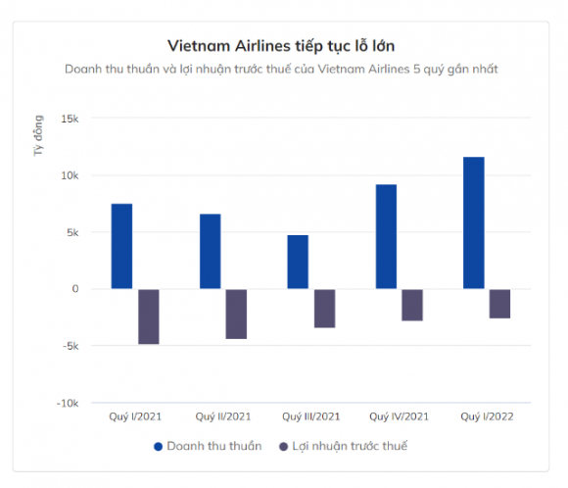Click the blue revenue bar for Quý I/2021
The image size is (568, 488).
(x=121, y=246)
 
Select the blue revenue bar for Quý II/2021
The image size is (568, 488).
(x=210, y=251)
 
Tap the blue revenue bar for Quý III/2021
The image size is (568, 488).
(x=298, y=262)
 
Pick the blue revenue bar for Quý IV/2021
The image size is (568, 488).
(x=386, y=236)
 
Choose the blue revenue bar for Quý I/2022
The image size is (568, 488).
(x=473, y=222)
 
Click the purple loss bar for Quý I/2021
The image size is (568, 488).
(x=148, y=317)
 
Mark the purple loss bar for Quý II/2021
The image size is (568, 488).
(x=236, y=314)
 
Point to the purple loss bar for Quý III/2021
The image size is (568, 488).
(x=324, y=308)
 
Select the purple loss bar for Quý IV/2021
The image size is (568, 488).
(x=412, y=305)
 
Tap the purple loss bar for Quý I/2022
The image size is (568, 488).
(x=499, y=304)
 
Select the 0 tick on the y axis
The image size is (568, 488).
(x=74, y=289)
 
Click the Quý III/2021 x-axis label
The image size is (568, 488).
(x=310, y=416)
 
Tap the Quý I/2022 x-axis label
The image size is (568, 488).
(x=487, y=416)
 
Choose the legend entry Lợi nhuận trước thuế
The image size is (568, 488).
(x=343, y=446)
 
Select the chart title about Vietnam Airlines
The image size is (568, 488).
(x=283, y=45)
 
